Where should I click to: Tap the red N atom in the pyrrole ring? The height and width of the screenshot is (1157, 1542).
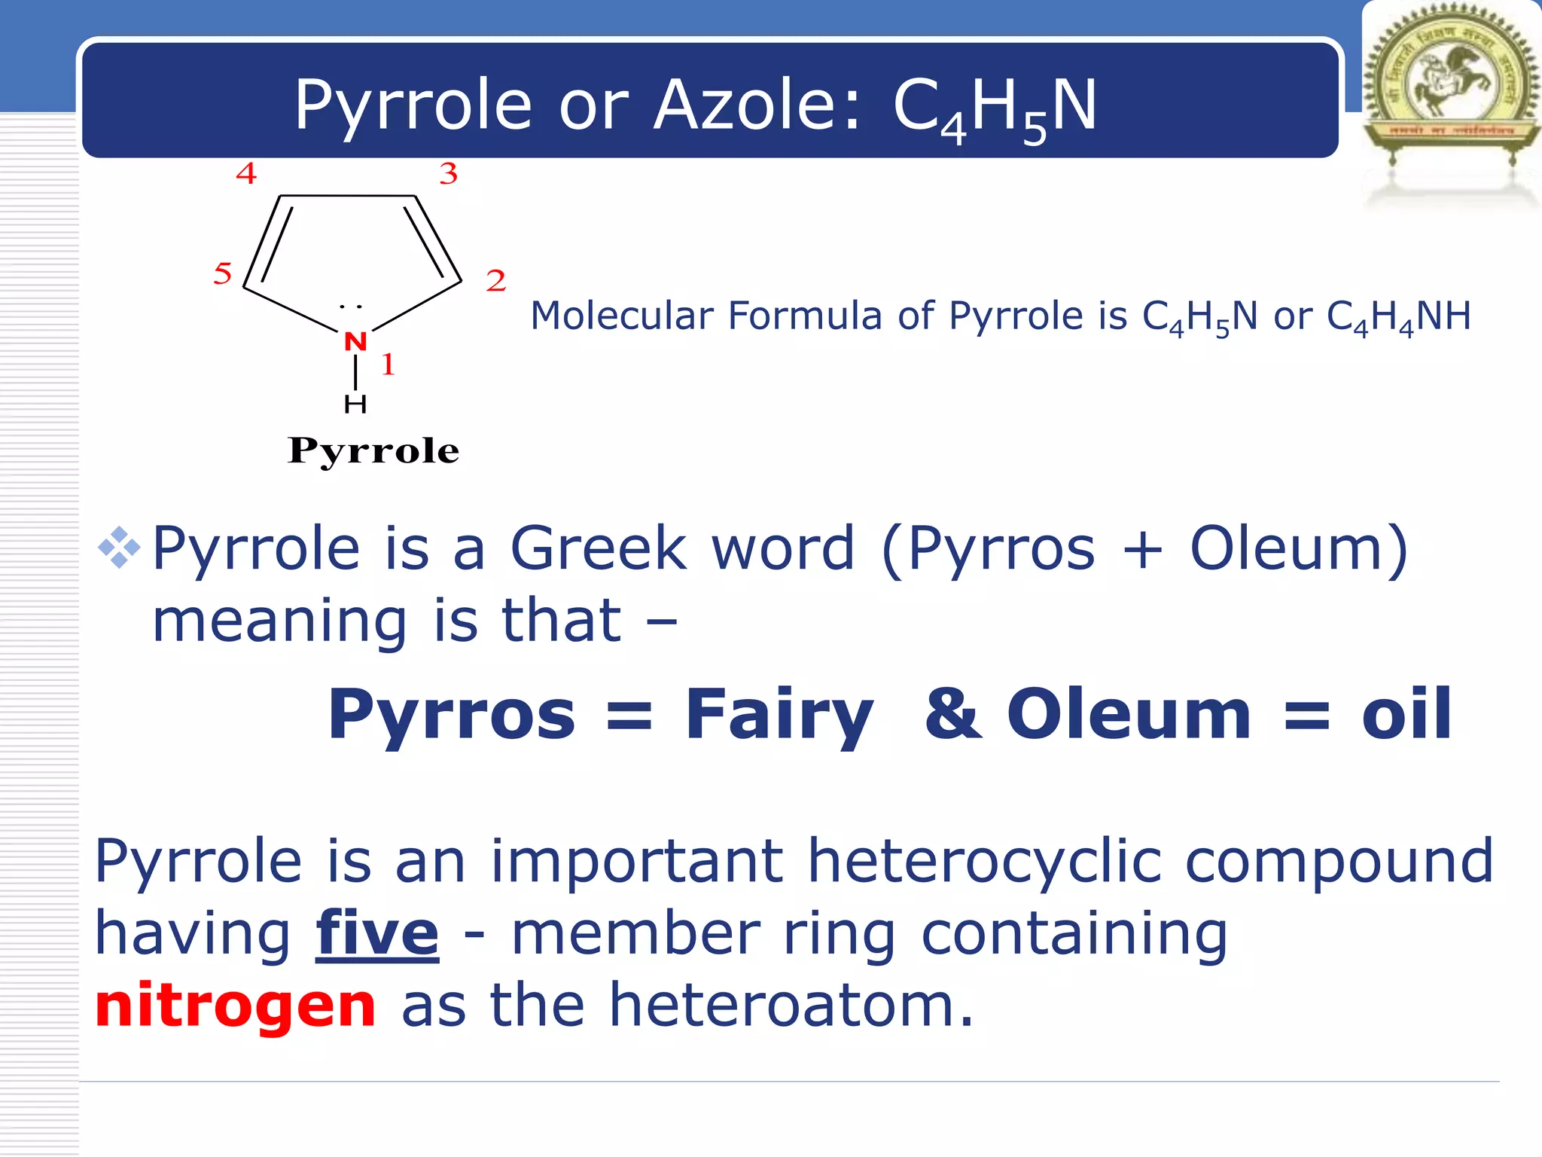pyautogui.click(x=355, y=341)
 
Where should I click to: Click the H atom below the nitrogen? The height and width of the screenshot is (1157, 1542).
pyautogui.click(x=355, y=404)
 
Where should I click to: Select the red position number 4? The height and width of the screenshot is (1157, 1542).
pyautogui.click(x=246, y=174)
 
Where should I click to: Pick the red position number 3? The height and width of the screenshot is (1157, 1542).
pyautogui.click(x=449, y=174)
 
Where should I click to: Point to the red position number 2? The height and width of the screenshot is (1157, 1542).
pyautogui.click(x=495, y=281)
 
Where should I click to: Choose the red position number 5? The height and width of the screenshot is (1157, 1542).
pyautogui.click(x=222, y=273)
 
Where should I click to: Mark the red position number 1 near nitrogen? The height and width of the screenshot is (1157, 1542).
pyautogui.click(x=389, y=365)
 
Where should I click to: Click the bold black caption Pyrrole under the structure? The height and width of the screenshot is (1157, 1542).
pyautogui.click(x=373, y=451)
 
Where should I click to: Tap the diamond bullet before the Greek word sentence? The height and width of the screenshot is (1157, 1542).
pyautogui.click(x=119, y=548)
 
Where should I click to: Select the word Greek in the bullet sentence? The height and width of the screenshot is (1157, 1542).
pyautogui.click(x=599, y=548)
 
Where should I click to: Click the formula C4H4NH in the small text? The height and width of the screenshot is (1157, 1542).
pyautogui.click(x=1398, y=316)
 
